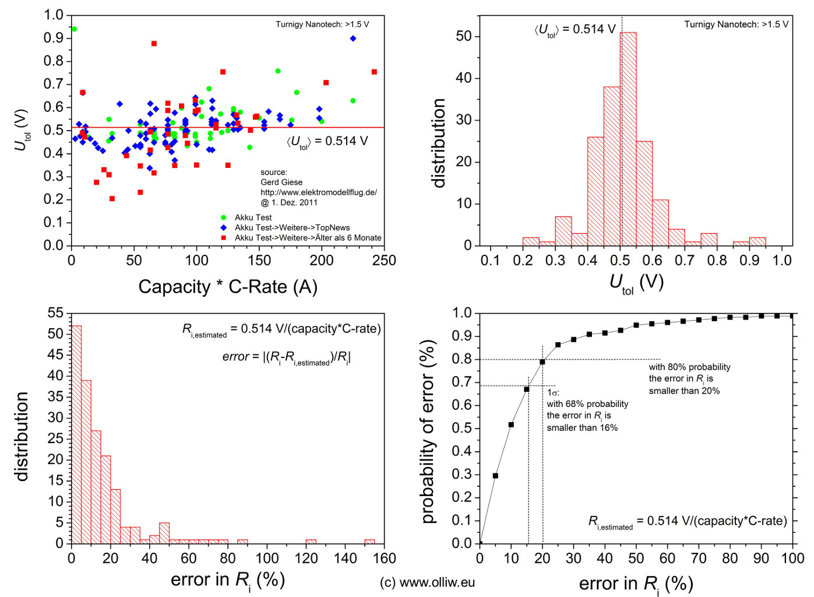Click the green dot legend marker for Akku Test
point(223,217)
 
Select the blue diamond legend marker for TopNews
point(223,227)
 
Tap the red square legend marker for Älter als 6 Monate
point(223,237)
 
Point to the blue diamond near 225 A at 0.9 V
point(353,38)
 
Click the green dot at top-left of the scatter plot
point(74,29)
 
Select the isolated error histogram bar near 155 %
point(369,541)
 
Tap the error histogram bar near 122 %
point(311,541)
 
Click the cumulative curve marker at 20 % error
point(542,362)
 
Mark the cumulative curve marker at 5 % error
point(495,476)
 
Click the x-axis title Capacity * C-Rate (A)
point(228,287)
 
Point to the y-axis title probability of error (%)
point(428,431)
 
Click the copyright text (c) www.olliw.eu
point(427,582)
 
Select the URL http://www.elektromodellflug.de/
point(319,192)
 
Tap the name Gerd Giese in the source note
point(281,182)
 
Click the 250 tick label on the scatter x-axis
point(385,261)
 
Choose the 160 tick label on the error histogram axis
point(385,559)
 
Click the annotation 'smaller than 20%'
point(684,391)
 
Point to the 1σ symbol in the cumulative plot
point(553,392)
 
